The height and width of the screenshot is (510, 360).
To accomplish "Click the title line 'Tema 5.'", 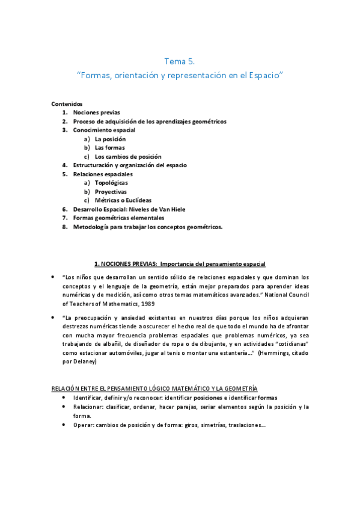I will click(180, 61).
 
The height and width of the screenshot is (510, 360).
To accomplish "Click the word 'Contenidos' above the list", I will click(67, 103).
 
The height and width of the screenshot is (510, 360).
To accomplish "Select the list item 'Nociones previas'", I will click(96, 112).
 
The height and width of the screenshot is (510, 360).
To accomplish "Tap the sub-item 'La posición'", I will click(111, 138).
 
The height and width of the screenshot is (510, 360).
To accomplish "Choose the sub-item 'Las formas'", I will click(109, 147).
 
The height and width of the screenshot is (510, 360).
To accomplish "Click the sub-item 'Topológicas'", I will click(111, 182).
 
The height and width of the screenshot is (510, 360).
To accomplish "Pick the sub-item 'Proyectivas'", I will click(111, 191).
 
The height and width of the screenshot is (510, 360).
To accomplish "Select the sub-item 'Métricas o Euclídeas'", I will click(123, 200).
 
